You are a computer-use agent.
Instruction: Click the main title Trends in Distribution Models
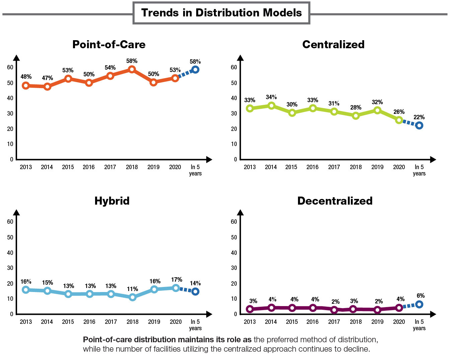point(221,13)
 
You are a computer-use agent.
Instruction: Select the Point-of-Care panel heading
point(109,45)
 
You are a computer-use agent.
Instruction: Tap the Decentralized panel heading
point(335,201)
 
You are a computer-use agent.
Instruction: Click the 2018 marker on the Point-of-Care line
point(132,69)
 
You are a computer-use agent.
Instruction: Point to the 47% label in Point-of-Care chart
point(47,78)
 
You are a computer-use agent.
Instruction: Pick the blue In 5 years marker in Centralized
point(419,126)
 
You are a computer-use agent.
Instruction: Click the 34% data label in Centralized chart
point(271,97)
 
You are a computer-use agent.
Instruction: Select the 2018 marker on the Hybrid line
point(133,297)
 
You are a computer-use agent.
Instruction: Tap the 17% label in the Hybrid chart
point(176,280)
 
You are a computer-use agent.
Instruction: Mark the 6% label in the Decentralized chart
point(421,296)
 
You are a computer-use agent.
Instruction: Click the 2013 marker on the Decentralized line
point(250,309)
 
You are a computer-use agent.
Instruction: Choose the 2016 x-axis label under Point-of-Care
point(89,167)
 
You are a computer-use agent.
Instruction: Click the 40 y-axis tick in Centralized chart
point(234,98)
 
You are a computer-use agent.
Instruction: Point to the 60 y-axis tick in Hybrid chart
point(10,222)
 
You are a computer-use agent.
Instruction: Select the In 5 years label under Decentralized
point(419,325)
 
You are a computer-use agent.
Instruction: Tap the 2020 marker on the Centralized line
point(399,120)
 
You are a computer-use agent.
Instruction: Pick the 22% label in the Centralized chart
point(419,117)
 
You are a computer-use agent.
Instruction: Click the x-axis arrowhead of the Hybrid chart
point(209,314)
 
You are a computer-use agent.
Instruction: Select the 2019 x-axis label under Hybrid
point(154,322)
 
